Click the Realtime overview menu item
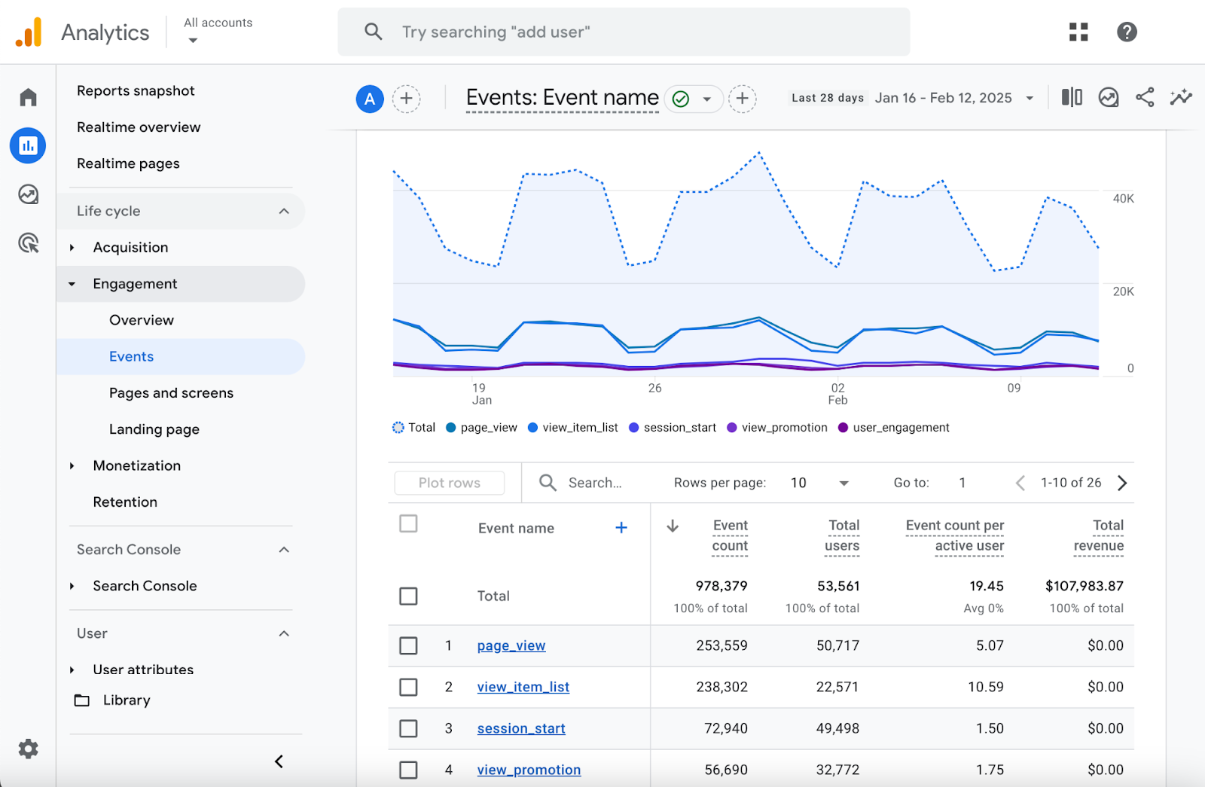click(x=139, y=127)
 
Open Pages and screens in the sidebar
click(x=171, y=393)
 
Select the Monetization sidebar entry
click(x=136, y=465)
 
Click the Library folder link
click(x=126, y=700)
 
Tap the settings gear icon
click(x=28, y=749)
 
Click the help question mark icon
click(x=1127, y=32)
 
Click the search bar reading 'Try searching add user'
click(x=624, y=32)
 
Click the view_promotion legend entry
click(x=783, y=428)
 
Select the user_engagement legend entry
click(x=900, y=428)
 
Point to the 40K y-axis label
click(x=1123, y=199)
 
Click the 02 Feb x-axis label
click(x=837, y=394)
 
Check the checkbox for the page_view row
click(x=408, y=645)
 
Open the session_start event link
click(x=521, y=728)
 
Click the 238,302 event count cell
click(x=721, y=687)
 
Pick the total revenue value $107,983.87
click(x=1084, y=586)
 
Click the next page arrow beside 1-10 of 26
click(x=1122, y=483)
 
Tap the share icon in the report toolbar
click(x=1145, y=97)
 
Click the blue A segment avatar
click(x=370, y=99)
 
